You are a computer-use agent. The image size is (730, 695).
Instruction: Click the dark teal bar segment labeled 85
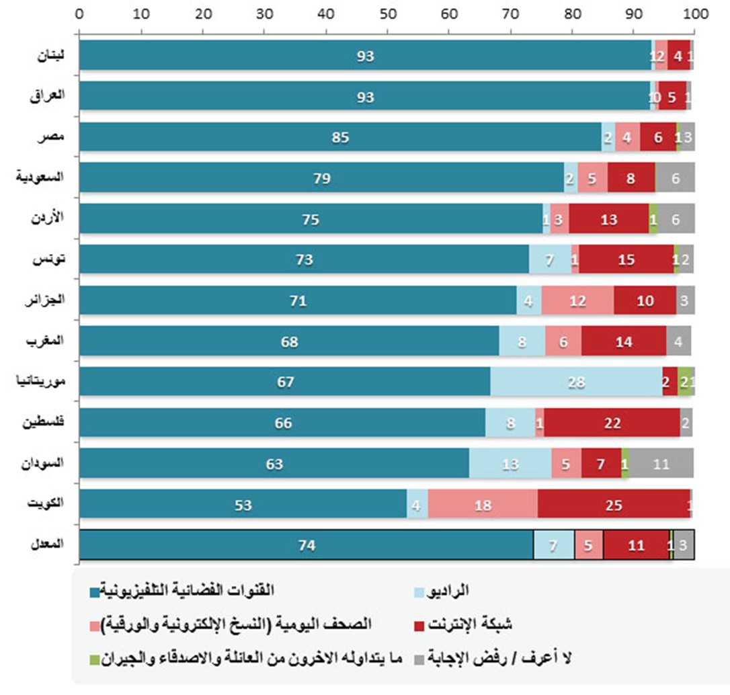pos(339,137)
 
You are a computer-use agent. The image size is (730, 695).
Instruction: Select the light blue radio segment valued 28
pos(576,382)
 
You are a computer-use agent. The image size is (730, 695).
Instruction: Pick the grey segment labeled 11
pos(661,464)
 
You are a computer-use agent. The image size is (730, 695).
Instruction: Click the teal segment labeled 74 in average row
pos(307,546)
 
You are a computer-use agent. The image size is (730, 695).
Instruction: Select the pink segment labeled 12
pos(577,300)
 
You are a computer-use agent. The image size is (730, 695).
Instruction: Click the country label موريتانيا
pos(40,382)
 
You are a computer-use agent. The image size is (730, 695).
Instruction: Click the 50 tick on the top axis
pos(387,12)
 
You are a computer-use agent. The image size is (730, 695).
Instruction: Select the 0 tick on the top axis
pos(79,12)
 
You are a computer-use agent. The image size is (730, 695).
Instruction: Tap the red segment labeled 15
pos(626,259)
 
